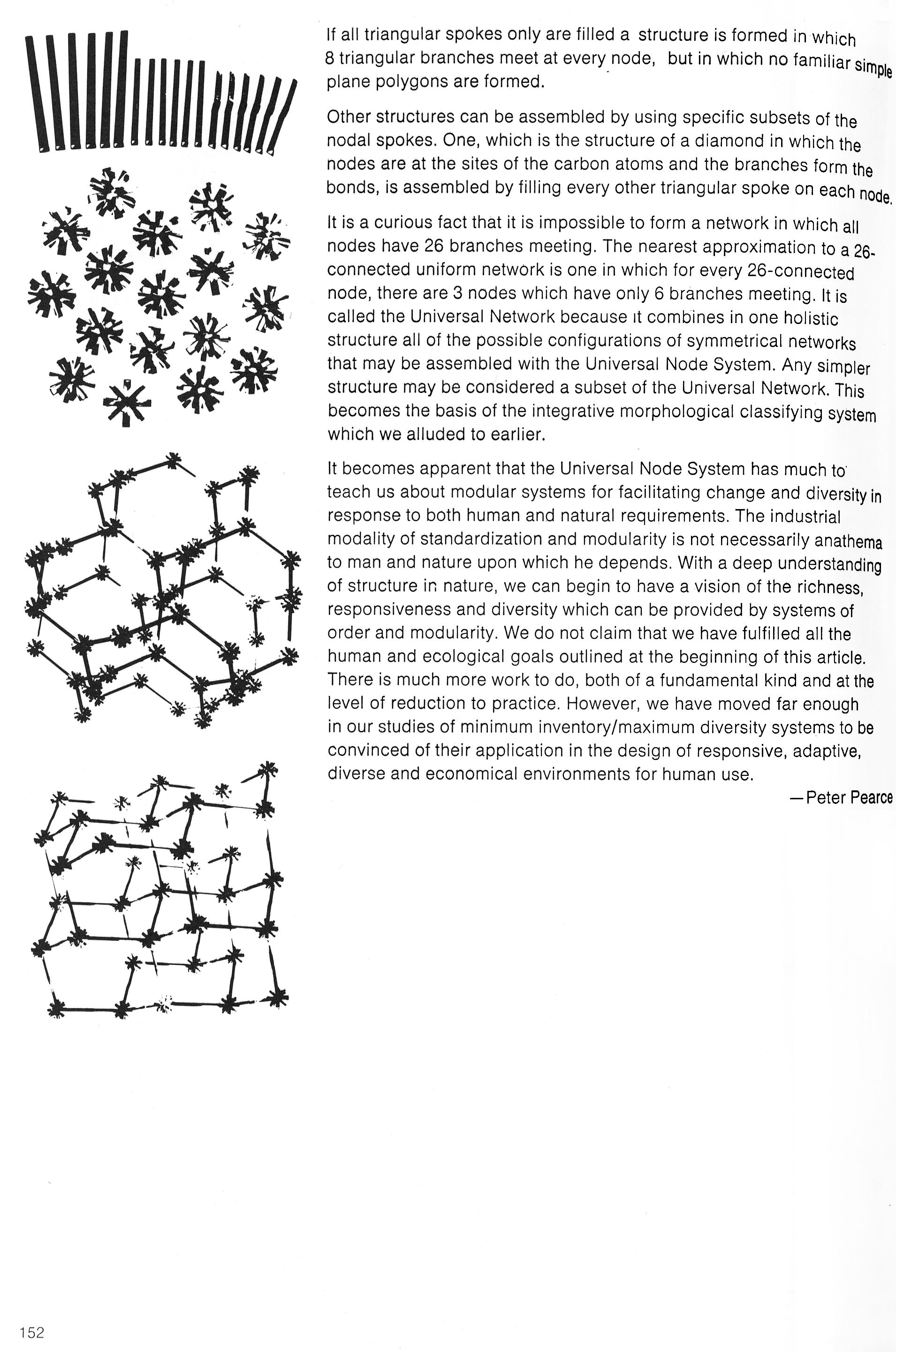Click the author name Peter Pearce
pos(849,797)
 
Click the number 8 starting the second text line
pos(329,58)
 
